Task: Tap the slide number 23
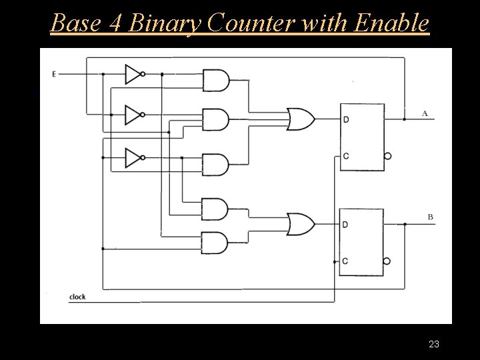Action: (x=434, y=344)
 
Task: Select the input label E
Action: (x=53, y=73)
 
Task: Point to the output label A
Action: (x=425, y=113)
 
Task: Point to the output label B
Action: (x=430, y=217)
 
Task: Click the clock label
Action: (x=77, y=297)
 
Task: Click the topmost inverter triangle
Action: (x=133, y=74)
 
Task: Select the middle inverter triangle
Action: (x=133, y=115)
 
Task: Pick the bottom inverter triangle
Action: (x=133, y=158)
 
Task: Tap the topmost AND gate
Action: (x=215, y=81)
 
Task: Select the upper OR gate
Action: (x=301, y=119)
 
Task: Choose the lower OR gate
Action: (x=301, y=224)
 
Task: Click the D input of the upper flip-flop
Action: (x=345, y=120)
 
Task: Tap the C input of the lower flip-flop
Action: (x=345, y=261)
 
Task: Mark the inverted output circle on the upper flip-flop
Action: (x=388, y=156)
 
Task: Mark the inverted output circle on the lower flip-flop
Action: (x=388, y=261)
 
